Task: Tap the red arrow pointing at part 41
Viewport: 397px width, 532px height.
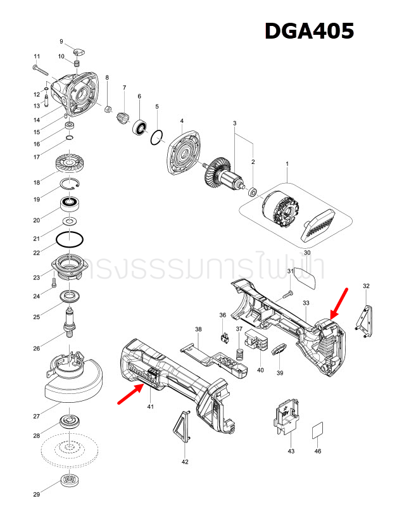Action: [129, 394]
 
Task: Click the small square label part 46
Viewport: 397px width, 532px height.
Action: [317, 432]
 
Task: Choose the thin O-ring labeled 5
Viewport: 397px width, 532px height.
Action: [158, 137]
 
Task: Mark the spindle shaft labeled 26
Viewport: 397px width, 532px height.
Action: [70, 320]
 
